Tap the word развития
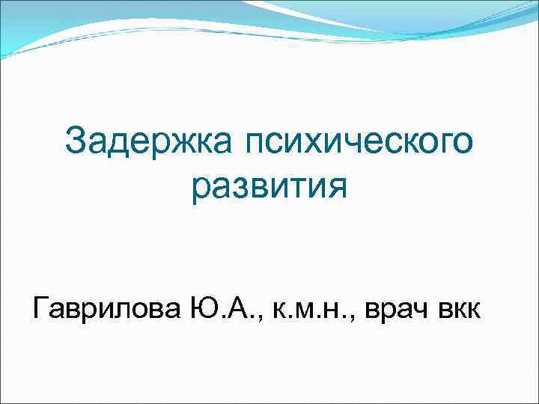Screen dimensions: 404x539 269,186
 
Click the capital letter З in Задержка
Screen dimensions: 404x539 76,142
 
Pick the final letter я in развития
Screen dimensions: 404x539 338,187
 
